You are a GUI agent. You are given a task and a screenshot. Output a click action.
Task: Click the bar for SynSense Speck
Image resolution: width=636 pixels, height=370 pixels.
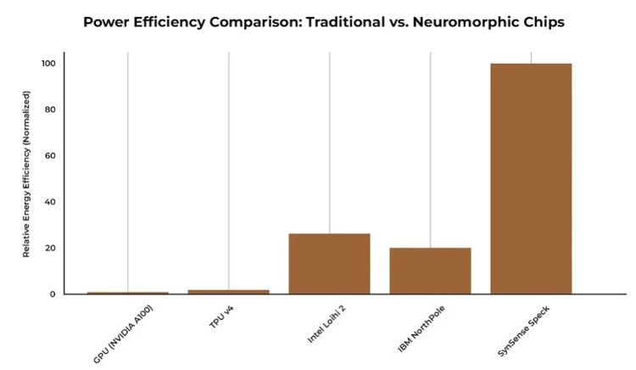click(x=531, y=178)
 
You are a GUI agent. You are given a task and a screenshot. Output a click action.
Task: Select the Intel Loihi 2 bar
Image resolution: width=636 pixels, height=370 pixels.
click(x=329, y=263)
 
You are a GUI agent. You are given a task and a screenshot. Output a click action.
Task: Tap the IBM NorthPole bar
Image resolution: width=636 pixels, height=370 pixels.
click(x=430, y=271)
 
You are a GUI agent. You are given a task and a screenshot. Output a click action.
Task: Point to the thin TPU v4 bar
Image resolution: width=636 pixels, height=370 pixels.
click(x=228, y=291)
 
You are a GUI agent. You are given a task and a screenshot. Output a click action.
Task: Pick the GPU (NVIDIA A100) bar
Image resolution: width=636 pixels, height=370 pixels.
click(x=128, y=293)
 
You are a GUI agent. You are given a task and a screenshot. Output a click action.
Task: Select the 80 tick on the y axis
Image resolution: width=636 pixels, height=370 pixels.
click(x=50, y=109)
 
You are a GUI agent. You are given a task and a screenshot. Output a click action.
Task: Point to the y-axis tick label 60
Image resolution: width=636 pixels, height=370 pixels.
click(x=50, y=156)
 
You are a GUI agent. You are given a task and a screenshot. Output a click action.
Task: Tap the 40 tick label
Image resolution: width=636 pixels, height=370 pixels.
click(x=50, y=202)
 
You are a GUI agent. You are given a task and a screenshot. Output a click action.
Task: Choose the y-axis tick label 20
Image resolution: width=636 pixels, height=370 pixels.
click(x=50, y=248)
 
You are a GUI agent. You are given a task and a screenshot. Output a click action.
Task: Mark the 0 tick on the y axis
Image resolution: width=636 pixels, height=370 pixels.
click(x=53, y=294)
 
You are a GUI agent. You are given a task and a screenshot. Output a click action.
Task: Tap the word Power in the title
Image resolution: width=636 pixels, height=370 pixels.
click(x=105, y=21)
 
